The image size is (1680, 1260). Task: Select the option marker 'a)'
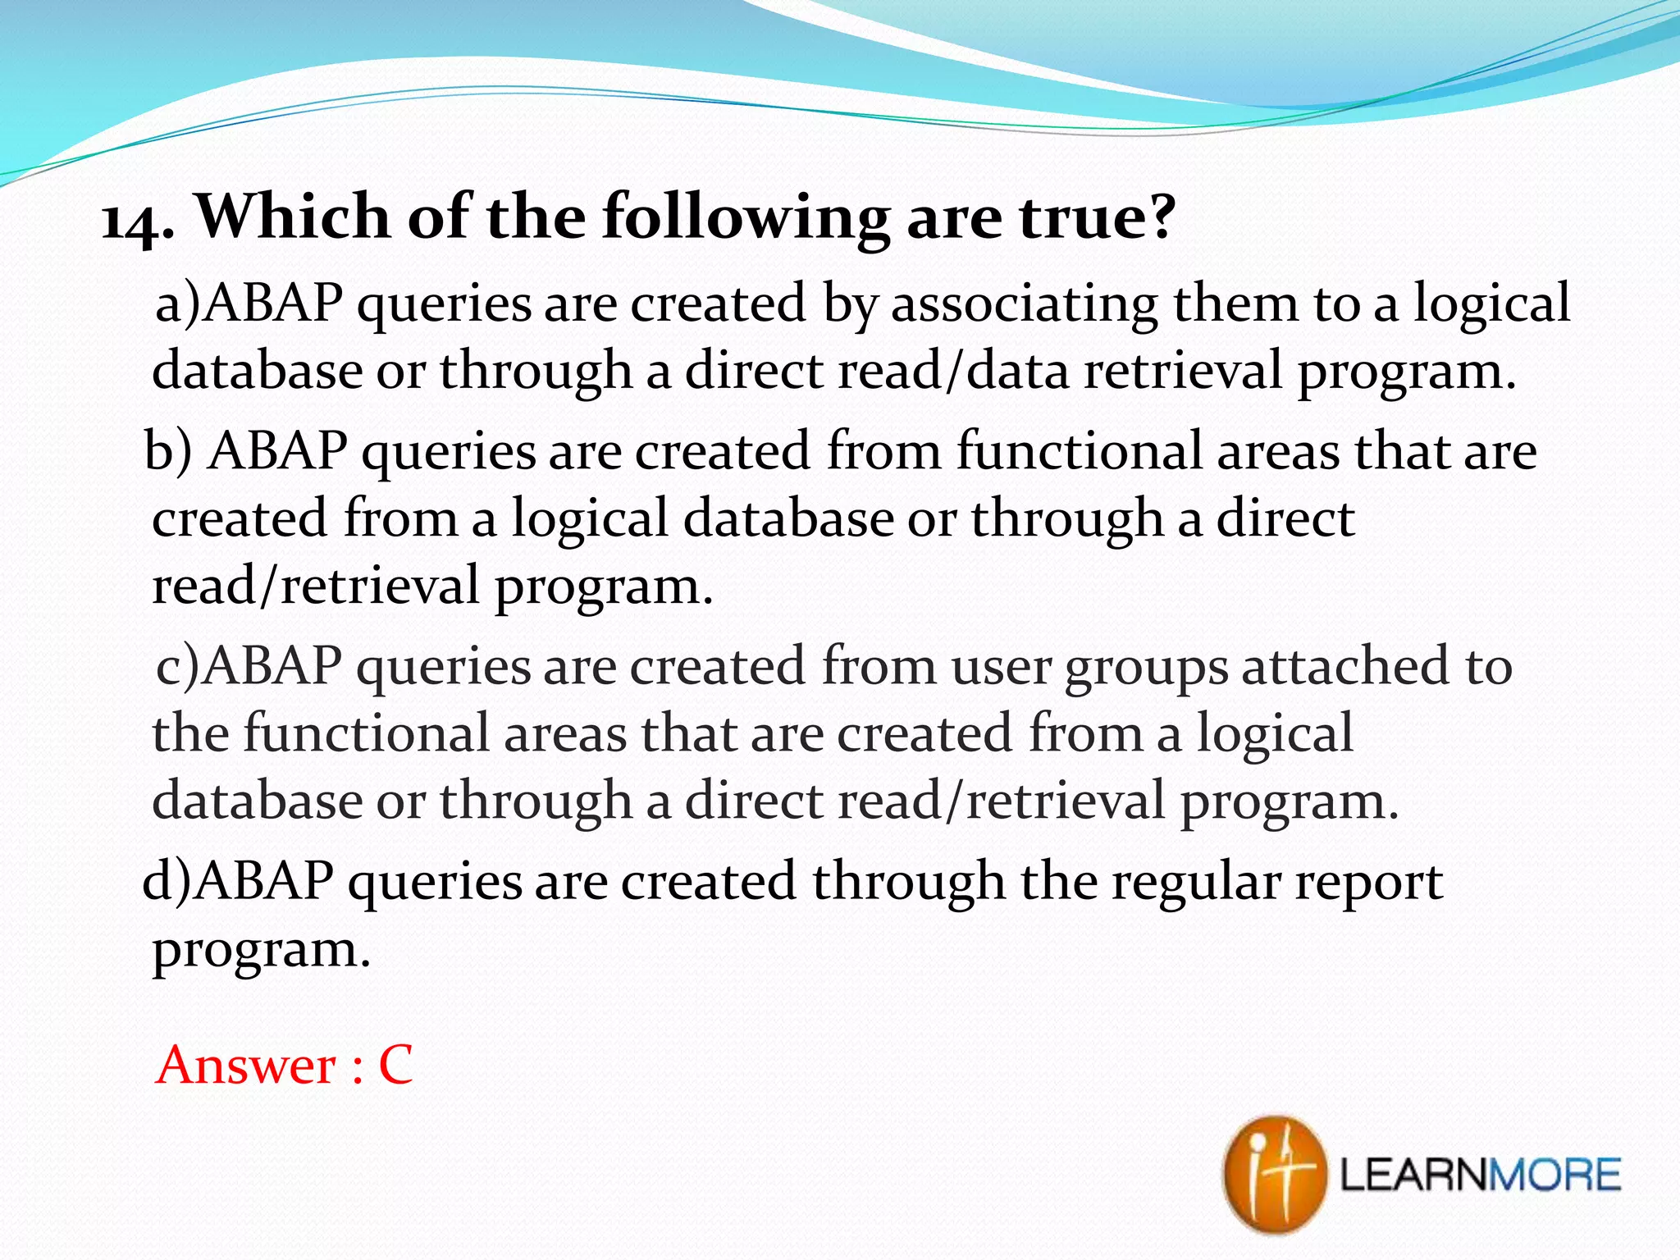(x=178, y=304)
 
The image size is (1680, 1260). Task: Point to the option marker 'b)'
(x=168, y=452)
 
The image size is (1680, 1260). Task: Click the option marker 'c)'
(x=178, y=667)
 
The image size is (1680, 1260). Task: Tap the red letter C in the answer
(x=395, y=1066)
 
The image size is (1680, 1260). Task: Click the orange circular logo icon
(x=1273, y=1174)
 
